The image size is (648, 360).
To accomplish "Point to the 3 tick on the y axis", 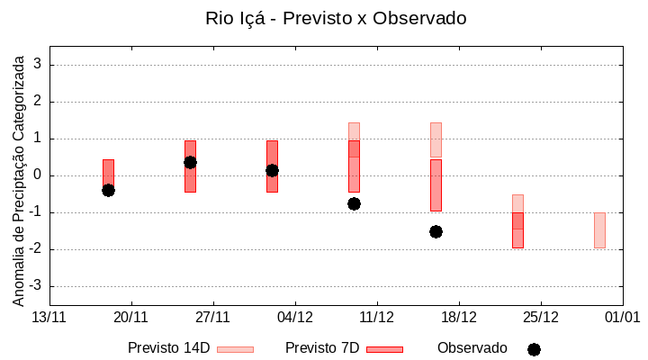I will tap(38, 65).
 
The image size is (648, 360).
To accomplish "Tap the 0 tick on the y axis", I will tap(38, 175).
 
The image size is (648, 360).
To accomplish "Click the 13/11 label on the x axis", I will tap(49, 317).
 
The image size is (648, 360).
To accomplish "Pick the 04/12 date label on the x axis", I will tap(294, 317).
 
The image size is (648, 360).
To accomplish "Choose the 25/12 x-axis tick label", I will tap(540, 317).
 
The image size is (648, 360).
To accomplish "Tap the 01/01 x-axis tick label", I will tap(621, 317).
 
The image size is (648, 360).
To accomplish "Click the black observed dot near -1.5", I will tap(436, 231).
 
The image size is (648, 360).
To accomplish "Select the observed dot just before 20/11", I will tap(108, 190).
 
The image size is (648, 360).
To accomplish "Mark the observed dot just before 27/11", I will tap(190, 162).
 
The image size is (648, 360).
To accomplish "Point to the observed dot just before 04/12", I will tap(272, 170).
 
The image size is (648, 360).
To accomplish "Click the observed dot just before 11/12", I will tap(354, 203).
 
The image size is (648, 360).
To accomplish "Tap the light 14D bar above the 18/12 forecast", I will tap(436, 139).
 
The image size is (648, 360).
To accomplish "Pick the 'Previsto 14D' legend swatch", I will tap(236, 349).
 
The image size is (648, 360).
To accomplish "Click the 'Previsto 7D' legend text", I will tap(322, 348).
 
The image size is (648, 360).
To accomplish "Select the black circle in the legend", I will tap(534, 349).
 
